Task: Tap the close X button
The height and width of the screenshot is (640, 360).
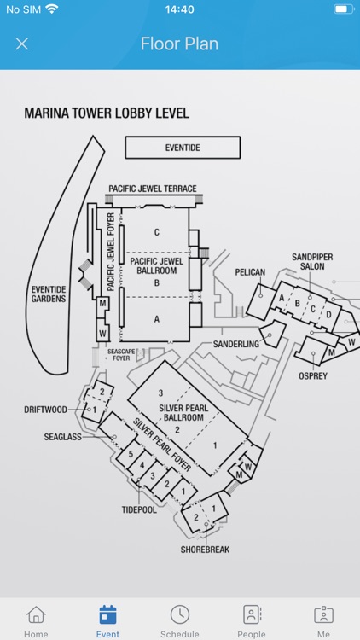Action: coord(22,44)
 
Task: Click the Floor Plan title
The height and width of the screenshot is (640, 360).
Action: coord(179,44)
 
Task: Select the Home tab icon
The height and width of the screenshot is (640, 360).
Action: coord(36,615)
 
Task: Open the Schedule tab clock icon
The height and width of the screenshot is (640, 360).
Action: coord(179,615)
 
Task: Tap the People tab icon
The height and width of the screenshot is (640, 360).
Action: coord(252,615)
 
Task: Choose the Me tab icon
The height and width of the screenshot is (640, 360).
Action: coord(323,615)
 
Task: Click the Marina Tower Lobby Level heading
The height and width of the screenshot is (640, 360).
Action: coord(107,113)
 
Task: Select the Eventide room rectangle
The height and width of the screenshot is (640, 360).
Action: coord(183,148)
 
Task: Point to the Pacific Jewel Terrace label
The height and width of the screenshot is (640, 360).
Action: coord(153,189)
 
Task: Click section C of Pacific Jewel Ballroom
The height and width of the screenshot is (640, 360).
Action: coord(157,232)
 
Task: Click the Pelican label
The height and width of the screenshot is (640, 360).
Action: coord(251,272)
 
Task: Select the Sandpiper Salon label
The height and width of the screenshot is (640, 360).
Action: coord(308,261)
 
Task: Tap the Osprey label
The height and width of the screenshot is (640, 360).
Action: coord(312,375)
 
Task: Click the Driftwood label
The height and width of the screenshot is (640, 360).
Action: coord(45,410)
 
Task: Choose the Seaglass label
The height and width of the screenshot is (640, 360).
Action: coord(63,437)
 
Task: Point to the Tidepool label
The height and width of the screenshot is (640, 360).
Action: coord(140,510)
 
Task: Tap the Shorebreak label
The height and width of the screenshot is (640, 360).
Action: coord(205,550)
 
